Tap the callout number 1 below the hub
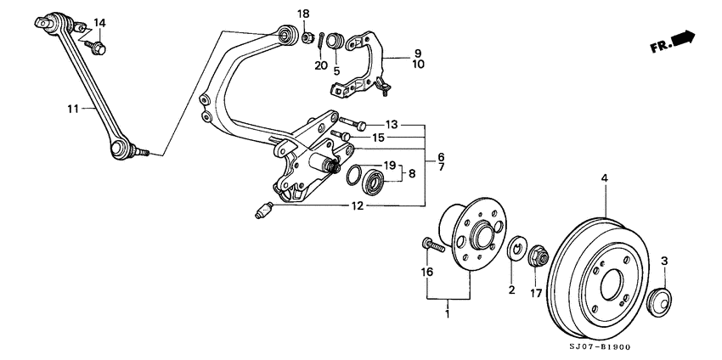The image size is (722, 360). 448,314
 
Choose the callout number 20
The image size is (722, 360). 320,65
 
